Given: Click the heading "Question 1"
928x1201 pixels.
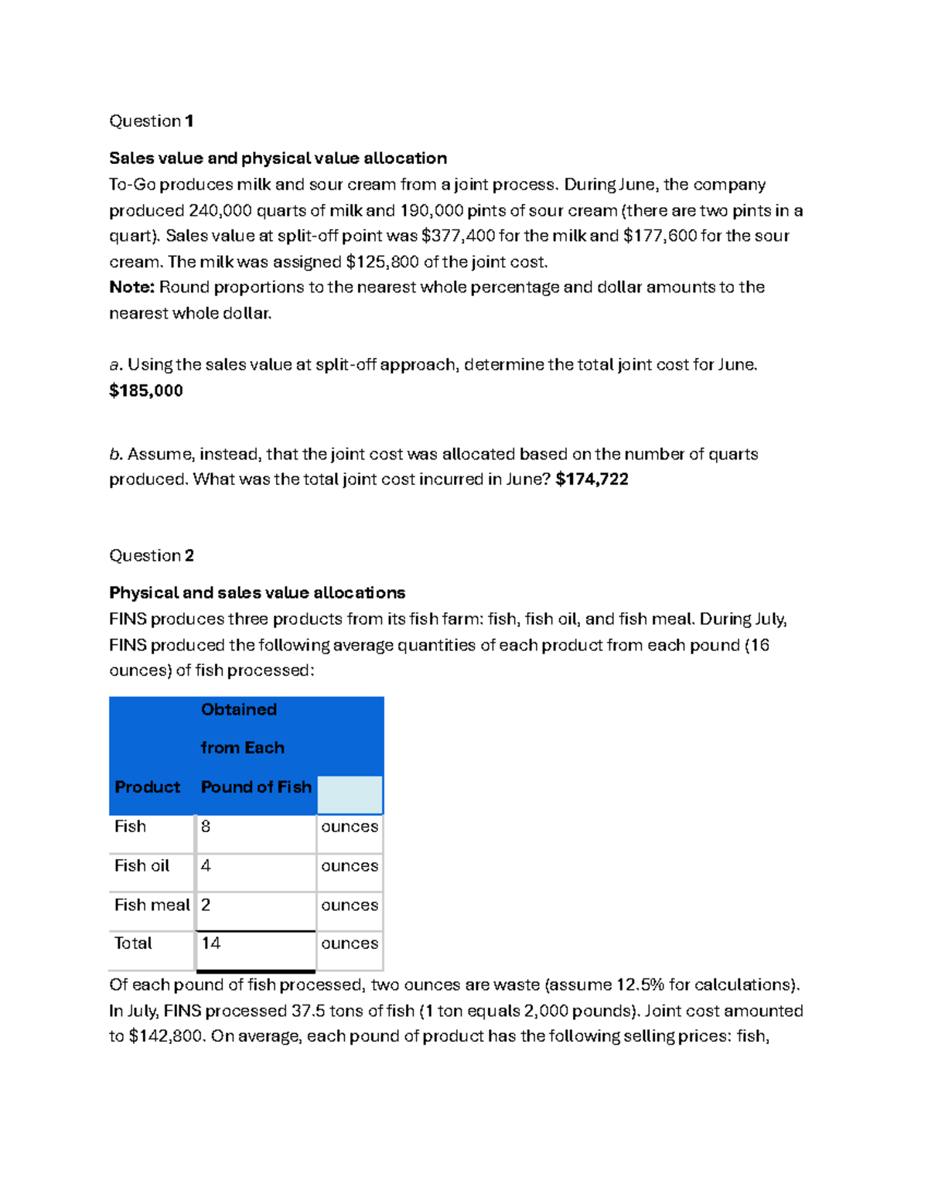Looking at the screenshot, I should coord(151,121).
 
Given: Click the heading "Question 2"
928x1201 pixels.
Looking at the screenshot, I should coord(151,555).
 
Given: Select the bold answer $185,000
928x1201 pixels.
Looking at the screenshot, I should coord(146,391).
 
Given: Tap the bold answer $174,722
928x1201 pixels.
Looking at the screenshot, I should coord(592,479).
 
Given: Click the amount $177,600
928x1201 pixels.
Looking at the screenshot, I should coord(660,236).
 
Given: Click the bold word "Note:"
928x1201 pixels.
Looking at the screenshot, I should coord(132,288).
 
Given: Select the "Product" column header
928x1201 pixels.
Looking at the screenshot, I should coord(147,787).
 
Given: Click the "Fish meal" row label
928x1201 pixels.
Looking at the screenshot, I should coord(152,905).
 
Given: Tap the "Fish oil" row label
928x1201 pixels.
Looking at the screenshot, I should coord(142,865).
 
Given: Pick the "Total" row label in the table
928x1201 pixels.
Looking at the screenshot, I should coord(133,943).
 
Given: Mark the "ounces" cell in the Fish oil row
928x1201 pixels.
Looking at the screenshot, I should coord(350,866).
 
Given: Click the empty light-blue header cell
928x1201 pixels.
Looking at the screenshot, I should coord(350,795).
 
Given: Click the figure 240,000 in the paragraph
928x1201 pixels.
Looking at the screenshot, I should coord(220,210).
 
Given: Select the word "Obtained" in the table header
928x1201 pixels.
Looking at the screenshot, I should coord(238,710).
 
